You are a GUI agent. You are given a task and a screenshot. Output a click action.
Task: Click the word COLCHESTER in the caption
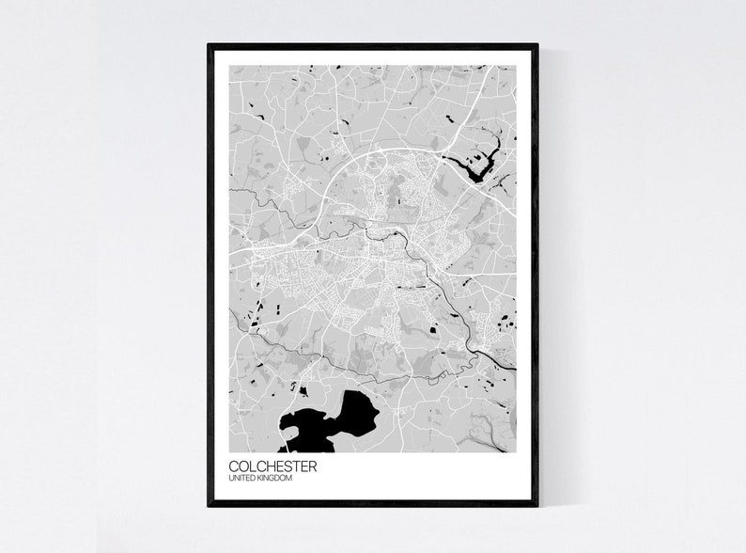click(272, 466)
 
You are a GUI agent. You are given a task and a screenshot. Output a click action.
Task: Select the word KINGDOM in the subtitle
click(274, 480)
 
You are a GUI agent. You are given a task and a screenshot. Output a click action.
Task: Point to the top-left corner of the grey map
click(230, 66)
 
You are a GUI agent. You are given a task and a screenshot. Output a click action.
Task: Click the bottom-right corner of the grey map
click(516, 451)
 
